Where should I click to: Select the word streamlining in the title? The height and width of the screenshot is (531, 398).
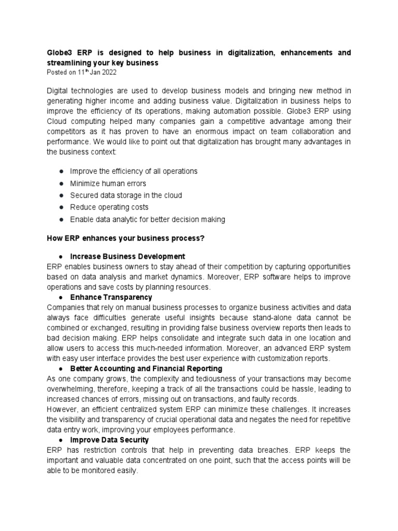(70, 63)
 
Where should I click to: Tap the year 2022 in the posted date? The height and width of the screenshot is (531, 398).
(107, 72)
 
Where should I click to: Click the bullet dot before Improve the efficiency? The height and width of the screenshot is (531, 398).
(61, 171)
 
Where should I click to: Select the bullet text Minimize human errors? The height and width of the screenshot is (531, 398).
(108, 183)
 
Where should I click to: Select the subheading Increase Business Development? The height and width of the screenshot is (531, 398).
(127, 257)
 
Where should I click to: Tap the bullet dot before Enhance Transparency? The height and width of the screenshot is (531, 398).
(61, 298)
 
